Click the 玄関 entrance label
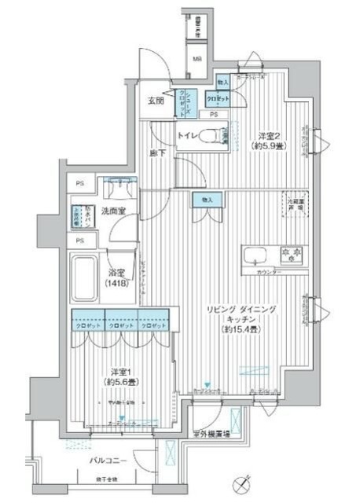click(155, 101)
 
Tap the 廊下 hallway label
click(158, 154)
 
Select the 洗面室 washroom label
click(123, 211)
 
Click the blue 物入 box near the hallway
click(208, 200)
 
